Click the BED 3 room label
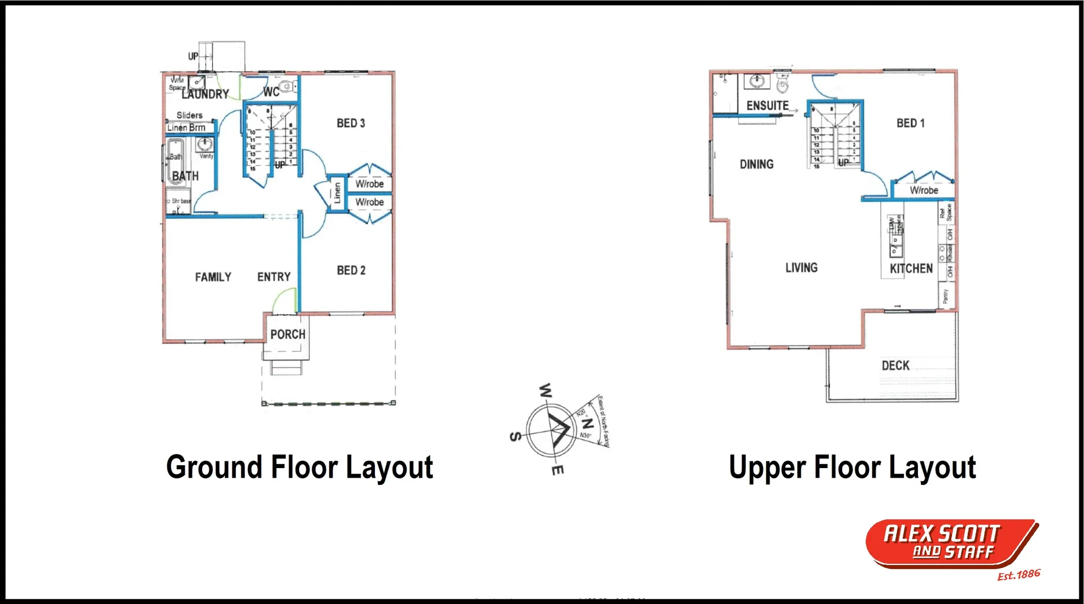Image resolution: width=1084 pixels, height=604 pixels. point(351,123)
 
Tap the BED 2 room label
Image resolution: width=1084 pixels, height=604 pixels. point(351,270)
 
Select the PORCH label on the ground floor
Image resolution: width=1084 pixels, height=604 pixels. point(287,334)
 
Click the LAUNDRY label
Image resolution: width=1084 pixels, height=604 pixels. point(206,94)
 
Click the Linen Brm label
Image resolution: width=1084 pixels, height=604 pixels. point(186,127)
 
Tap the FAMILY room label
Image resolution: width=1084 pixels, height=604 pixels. point(213,277)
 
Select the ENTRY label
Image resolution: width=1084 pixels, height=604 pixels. point(274,277)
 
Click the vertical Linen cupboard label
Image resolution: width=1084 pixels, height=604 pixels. point(337,193)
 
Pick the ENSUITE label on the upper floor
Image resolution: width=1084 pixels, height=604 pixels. point(767,105)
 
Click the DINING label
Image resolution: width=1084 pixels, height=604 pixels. point(757,164)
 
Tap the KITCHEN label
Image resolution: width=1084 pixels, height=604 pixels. point(911,268)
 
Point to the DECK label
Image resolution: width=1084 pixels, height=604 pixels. point(895,365)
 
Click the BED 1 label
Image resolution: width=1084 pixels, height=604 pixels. point(910,123)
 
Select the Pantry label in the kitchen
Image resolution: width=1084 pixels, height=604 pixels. point(946,296)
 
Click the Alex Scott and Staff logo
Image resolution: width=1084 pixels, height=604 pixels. point(952,544)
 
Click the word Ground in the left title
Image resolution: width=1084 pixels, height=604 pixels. point(215,468)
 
